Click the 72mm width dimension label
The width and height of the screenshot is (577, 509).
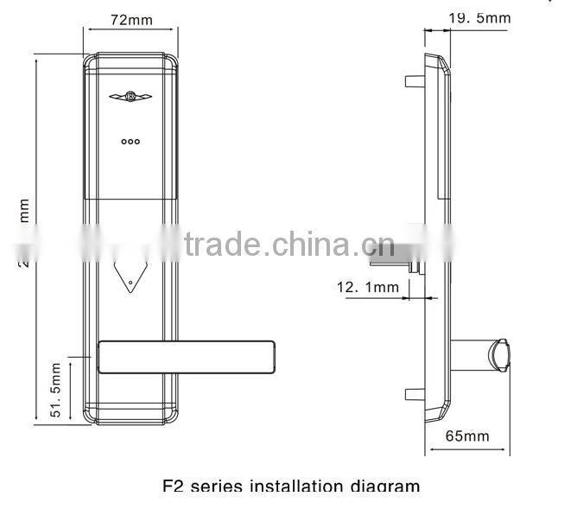click(x=130, y=18)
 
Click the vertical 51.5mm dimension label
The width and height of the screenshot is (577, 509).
click(x=57, y=390)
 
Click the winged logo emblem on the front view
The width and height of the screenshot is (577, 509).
click(x=130, y=98)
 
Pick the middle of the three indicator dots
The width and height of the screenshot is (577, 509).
click(x=130, y=141)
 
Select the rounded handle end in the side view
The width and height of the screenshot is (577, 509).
click(x=500, y=355)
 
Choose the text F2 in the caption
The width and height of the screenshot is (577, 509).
click(x=173, y=486)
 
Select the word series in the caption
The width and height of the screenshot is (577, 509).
click(x=215, y=486)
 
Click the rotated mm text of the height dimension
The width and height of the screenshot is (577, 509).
click(x=25, y=209)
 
